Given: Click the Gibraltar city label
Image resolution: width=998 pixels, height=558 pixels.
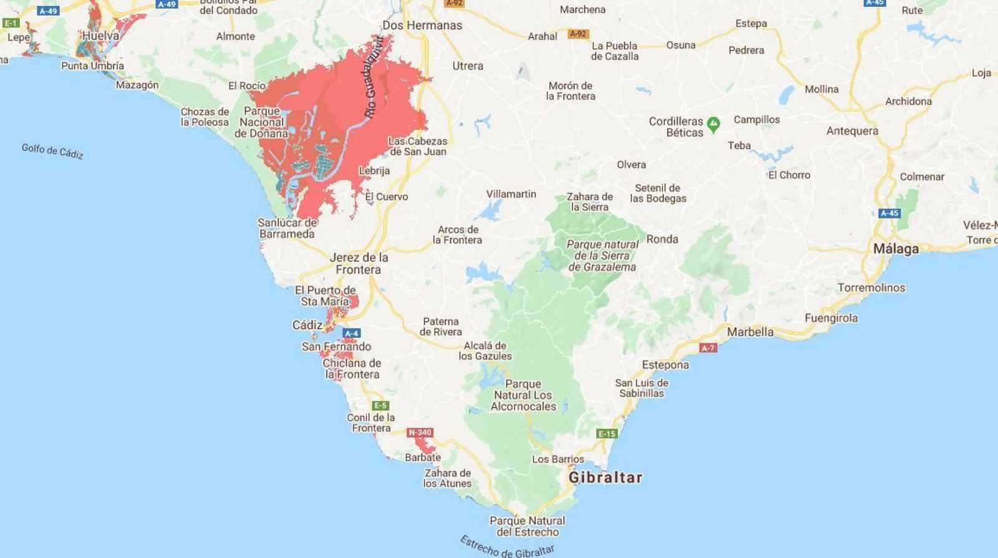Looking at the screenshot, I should (x=605, y=478).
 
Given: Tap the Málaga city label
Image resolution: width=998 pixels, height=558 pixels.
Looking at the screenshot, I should (x=896, y=249).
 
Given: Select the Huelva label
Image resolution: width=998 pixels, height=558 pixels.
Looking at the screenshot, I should (x=100, y=36).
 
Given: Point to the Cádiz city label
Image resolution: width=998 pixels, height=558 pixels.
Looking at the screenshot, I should (x=308, y=325).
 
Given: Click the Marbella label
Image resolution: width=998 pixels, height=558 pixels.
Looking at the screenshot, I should (x=750, y=332).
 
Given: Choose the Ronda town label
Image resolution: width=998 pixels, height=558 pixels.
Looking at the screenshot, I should (x=662, y=239).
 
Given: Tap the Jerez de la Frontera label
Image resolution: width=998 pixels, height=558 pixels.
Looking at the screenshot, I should (x=359, y=263).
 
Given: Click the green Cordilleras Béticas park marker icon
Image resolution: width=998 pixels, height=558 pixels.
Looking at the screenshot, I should (x=713, y=124).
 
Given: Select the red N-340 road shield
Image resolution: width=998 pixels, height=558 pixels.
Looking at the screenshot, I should (x=420, y=433).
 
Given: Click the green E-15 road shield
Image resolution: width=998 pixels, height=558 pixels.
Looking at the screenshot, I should (x=607, y=434).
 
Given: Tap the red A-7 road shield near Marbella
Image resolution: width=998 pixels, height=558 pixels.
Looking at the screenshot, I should (x=708, y=348).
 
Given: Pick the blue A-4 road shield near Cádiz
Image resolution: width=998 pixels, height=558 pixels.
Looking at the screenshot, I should (x=351, y=333).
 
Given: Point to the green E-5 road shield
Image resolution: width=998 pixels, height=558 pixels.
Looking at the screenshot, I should (x=380, y=406).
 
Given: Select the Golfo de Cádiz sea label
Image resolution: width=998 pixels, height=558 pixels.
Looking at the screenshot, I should (x=52, y=151).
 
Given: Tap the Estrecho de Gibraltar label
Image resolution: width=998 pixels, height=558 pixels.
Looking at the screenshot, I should (x=507, y=547).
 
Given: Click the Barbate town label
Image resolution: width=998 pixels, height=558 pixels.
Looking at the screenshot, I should (x=422, y=458).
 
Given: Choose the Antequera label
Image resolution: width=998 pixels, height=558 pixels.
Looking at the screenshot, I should (x=852, y=131).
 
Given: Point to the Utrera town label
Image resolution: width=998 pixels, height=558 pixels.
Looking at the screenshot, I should (x=468, y=66).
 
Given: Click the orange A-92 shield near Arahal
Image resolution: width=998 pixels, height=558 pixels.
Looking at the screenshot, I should (x=578, y=34).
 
